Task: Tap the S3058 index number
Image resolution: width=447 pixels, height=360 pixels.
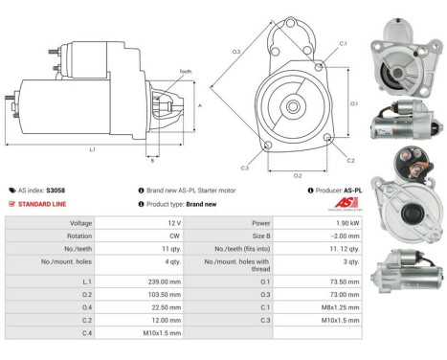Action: (56, 191)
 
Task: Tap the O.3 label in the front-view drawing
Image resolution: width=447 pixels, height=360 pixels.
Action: (235, 51)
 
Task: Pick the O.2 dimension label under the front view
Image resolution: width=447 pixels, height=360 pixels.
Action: (297, 175)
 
